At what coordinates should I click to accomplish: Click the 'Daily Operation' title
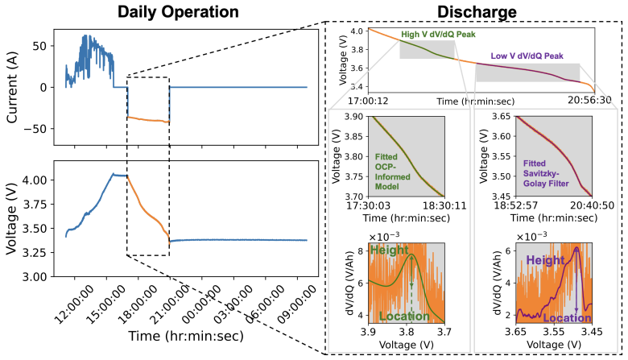(x=178, y=11)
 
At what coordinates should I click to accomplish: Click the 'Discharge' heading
(x=477, y=11)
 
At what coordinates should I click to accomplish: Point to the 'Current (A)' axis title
(x=12, y=87)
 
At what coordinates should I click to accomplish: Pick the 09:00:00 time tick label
(x=296, y=305)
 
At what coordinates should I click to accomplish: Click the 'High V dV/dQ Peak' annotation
(x=438, y=35)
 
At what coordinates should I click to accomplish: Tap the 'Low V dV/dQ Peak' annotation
(x=527, y=56)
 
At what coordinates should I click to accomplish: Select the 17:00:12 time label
(x=368, y=101)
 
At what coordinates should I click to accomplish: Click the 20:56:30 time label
(x=589, y=100)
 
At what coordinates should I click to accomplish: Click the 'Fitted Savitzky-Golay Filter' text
(x=546, y=173)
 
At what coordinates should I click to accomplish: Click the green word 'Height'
(x=390, y=250)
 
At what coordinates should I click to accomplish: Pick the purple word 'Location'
(x=567, y=318)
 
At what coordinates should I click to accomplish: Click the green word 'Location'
(x=404, y=317)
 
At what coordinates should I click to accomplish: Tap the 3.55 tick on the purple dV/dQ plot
(x=553, y=332)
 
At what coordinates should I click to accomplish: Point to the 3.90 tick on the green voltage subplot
(x=353, y=117)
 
